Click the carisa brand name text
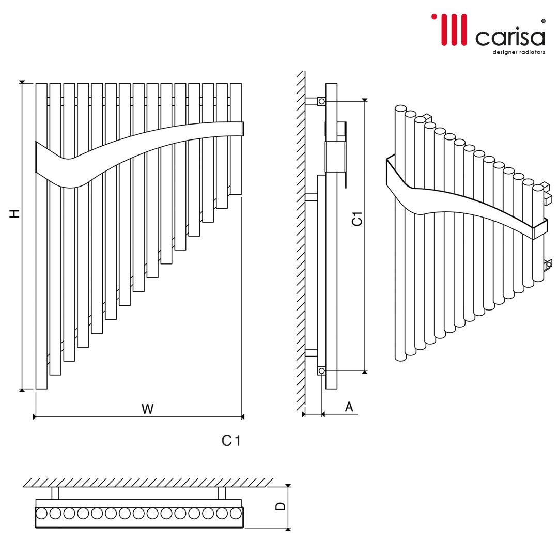tap(510, 37)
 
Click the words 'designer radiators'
tap(519, 52)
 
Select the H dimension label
tap(14, 213)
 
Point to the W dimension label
tap(147, 409)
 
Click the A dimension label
tap(349, 407)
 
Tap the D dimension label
tap(281, 506)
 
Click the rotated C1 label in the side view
tap(357, 219)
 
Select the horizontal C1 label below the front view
tap(231, 441)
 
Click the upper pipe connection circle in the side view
tap(322, 101)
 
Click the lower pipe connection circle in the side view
tap(322, 371)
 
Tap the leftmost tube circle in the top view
tap(41, 514)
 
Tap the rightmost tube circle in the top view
tap(236, 514)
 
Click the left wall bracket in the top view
tap(55, 493)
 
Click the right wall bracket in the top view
tap(222, 493)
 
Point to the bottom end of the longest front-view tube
tap(42, 389)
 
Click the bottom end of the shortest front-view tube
tap(236, 194)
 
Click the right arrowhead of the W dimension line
tap(242, 416)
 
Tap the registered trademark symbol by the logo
tap(543, 21)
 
